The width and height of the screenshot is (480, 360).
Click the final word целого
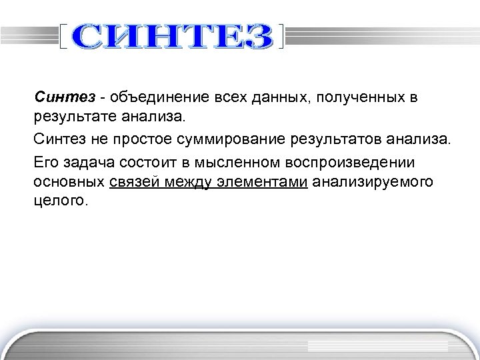click(x=59, y=200)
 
